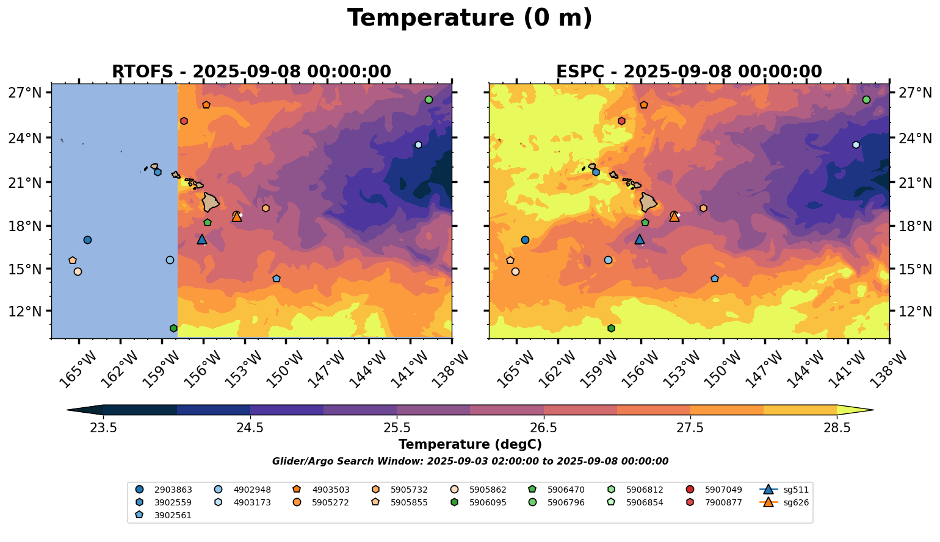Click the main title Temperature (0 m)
tap(469, 18)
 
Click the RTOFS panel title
tap(251, 72)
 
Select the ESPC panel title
tap(689, 72)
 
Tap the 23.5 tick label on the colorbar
tap(103, 427)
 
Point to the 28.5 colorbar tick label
tap(837, 427)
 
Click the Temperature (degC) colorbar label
tap(469, 444)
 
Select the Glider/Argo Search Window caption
tap(469, 462)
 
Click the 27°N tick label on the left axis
tap(25, 93)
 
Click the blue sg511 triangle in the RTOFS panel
tap(202, 240)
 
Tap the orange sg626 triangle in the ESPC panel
tap(674, 216)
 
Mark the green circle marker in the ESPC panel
tap(866, 100)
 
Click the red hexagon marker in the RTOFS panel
tap(184, 121)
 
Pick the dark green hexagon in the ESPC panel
tap(611, 329)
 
